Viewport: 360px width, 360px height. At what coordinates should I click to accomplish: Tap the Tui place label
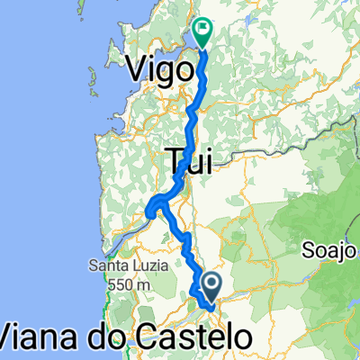(x=190, y=161)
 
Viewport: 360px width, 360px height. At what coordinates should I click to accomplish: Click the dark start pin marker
(x=212, y=288)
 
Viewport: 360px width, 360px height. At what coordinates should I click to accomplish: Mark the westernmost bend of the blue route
(x=148, y=211)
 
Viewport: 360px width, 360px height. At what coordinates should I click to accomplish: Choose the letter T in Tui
(x=175, y=161)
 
